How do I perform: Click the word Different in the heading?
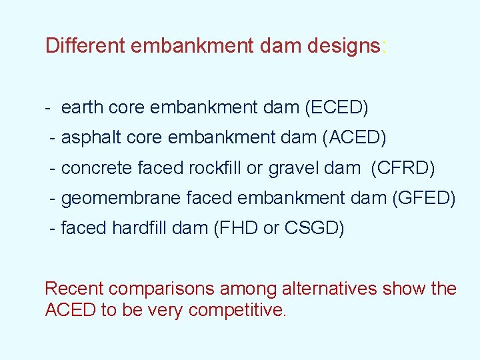pos(85,46)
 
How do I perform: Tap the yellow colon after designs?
pos(384,47)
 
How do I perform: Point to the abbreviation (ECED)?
pos(336,107)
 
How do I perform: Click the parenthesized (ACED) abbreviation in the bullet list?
pos(354,138)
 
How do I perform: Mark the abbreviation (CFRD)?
pos(403,169)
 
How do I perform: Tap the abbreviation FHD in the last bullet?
pos(239,228)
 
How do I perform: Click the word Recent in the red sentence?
pos(73,289)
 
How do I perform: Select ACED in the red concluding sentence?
pos(70,310)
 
